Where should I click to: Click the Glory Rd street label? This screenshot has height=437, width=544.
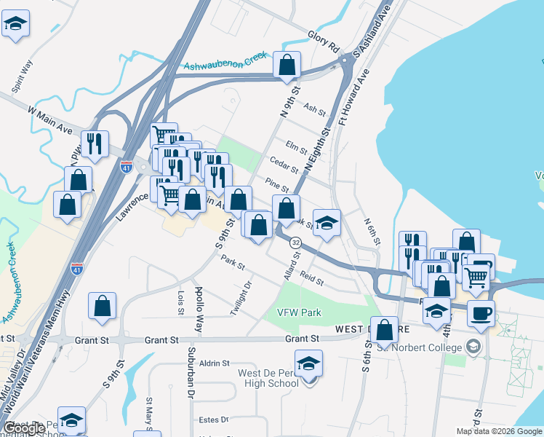(324, 40)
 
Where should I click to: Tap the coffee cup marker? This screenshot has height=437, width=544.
(481, 314)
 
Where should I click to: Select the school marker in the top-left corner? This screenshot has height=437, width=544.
(15, 24)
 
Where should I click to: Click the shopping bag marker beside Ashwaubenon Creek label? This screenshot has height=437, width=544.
(287, 66)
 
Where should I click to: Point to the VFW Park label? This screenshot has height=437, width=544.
(299, 312)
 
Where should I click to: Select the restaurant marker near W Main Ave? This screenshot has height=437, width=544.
(95, 144)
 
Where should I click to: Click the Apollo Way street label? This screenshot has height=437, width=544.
(199, 310)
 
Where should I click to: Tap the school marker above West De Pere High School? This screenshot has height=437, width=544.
(309, 363)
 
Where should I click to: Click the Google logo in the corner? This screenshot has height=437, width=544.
(24, 428)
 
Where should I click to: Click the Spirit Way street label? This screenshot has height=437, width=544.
(23, 76)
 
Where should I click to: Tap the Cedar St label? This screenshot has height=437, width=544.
(284, 165)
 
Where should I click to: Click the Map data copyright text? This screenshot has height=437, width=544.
(498, 431)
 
